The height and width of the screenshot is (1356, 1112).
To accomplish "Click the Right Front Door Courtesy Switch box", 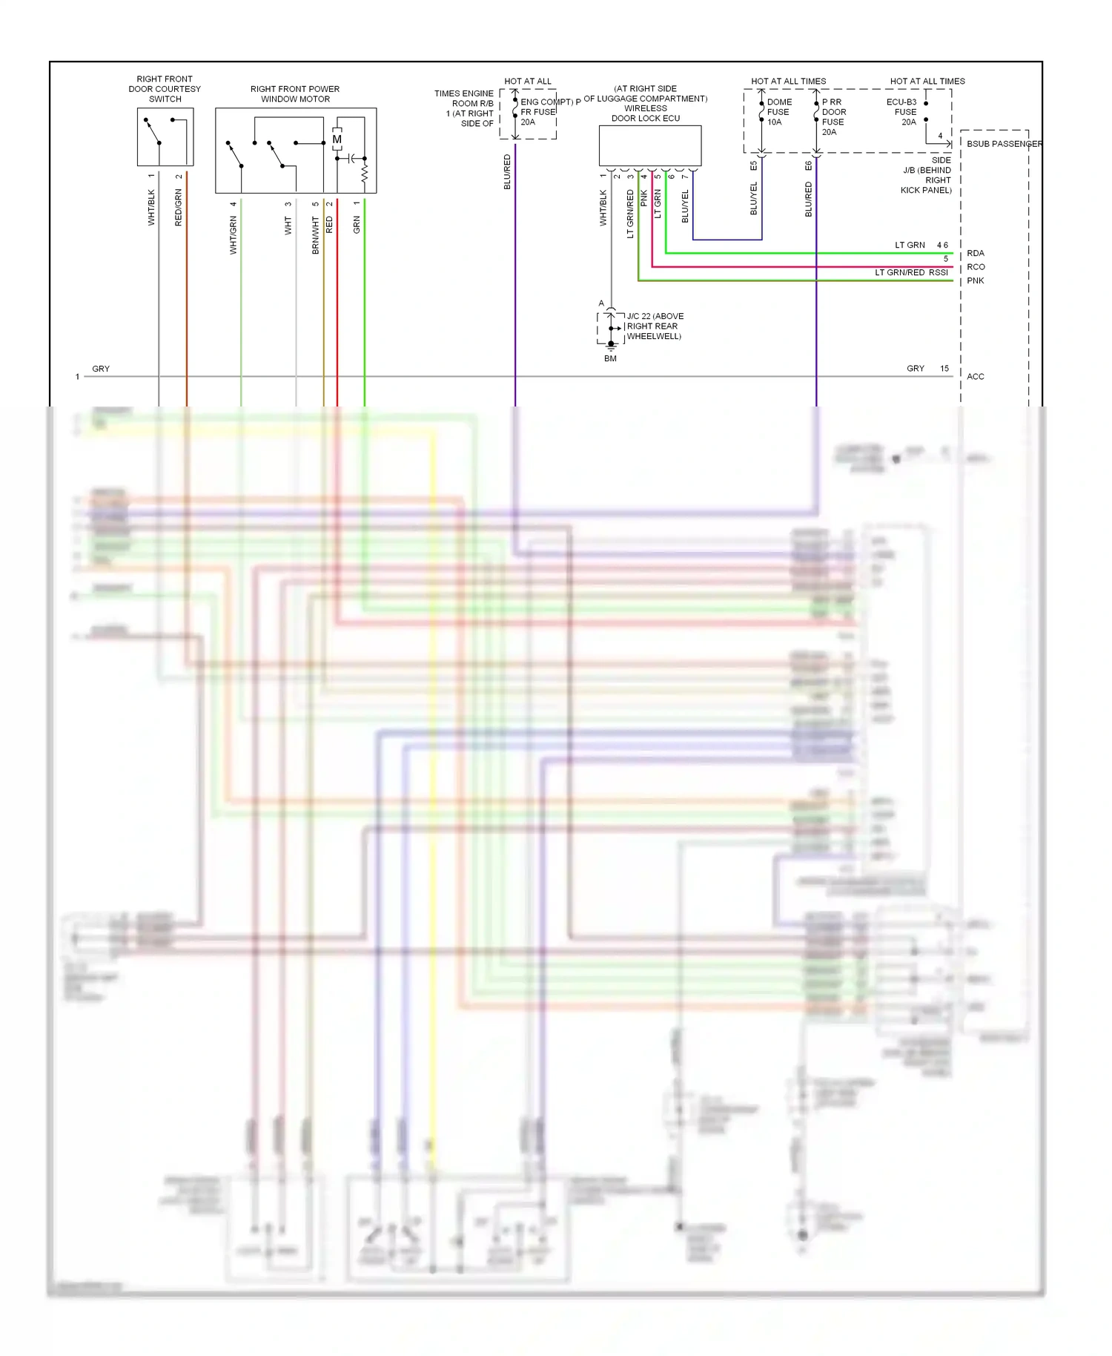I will (x=165, y=137).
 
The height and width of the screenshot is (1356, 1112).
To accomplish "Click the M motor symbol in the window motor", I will (x=337, y=139).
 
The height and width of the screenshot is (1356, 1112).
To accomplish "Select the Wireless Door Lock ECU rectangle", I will (x=649, y=145).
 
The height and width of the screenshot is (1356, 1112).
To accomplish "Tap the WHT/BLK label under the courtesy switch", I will (x=151, y=208).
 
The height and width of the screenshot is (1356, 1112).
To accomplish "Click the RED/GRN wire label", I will (x=178, y=208).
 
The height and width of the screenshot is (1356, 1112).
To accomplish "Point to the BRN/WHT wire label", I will (x=315, y=236).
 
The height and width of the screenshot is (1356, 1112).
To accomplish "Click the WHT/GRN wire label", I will (x=233, y=236).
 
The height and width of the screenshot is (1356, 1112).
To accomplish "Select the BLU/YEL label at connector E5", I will (x=754, y=199).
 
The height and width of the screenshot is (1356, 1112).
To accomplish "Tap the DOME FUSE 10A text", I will (x=778, y=112).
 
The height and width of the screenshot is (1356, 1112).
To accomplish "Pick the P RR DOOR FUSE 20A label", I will (x=833, y=117).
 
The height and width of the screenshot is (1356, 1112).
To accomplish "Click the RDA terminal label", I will (x=976, y=254).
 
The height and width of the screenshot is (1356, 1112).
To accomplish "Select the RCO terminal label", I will (x=976, y=267).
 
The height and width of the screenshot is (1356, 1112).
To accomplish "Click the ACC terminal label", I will (x=976, y=377).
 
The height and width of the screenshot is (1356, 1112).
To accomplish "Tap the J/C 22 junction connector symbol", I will (x=611, y=327).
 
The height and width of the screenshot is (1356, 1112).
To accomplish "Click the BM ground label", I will (x=610, y=359).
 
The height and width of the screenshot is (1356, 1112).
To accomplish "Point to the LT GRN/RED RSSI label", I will (x=911, y=273).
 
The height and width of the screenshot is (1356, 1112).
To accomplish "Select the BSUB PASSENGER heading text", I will (x=1004, y=144).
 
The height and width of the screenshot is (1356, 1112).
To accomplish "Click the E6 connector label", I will (x=808, y=166).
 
